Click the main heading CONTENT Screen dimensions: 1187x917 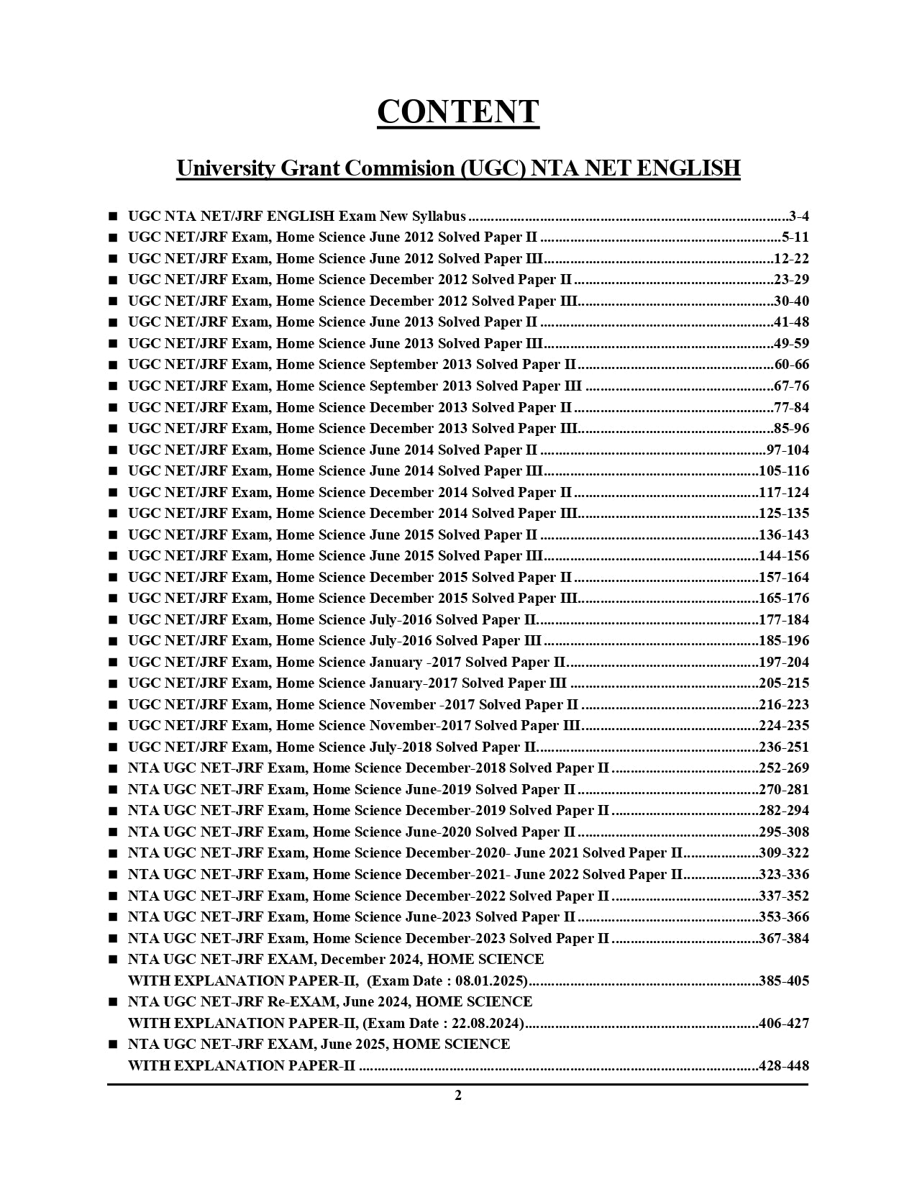(458, 112)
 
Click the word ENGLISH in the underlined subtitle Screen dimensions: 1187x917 (689, 168)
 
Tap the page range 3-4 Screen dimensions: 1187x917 (798, 217)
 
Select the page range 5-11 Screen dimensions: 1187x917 (795, 237)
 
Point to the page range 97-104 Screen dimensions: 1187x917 (788, 450)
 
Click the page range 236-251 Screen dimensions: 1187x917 (784, 747)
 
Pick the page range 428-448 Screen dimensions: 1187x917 (784, 1066)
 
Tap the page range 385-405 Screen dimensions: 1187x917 (784, 981)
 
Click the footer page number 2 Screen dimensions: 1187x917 (458, 1096)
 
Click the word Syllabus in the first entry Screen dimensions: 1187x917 (438, 217)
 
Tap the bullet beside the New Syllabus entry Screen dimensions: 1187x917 (113, 217)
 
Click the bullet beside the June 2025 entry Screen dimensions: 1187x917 (113, 1045)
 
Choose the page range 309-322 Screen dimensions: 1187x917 (784, 854)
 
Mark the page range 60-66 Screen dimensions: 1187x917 (791, 365)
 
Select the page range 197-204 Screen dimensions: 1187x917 (784, 663)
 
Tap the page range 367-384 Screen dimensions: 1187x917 (784, 939)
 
